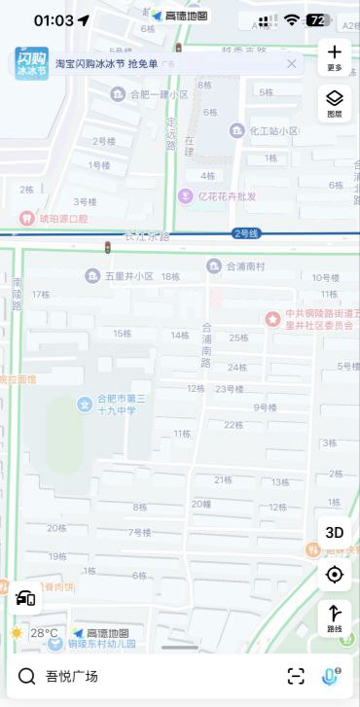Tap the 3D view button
335,532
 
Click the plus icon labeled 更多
335,56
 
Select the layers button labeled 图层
335,102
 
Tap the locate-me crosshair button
335,575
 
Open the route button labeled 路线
335,619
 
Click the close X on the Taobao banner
291,63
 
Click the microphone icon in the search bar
331,676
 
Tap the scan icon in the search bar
296,676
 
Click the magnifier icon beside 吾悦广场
26,676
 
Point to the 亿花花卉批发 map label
226,195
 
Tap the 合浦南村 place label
251,265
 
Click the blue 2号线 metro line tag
246,233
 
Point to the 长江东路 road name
147,236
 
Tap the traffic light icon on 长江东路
108,249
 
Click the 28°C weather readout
43,633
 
